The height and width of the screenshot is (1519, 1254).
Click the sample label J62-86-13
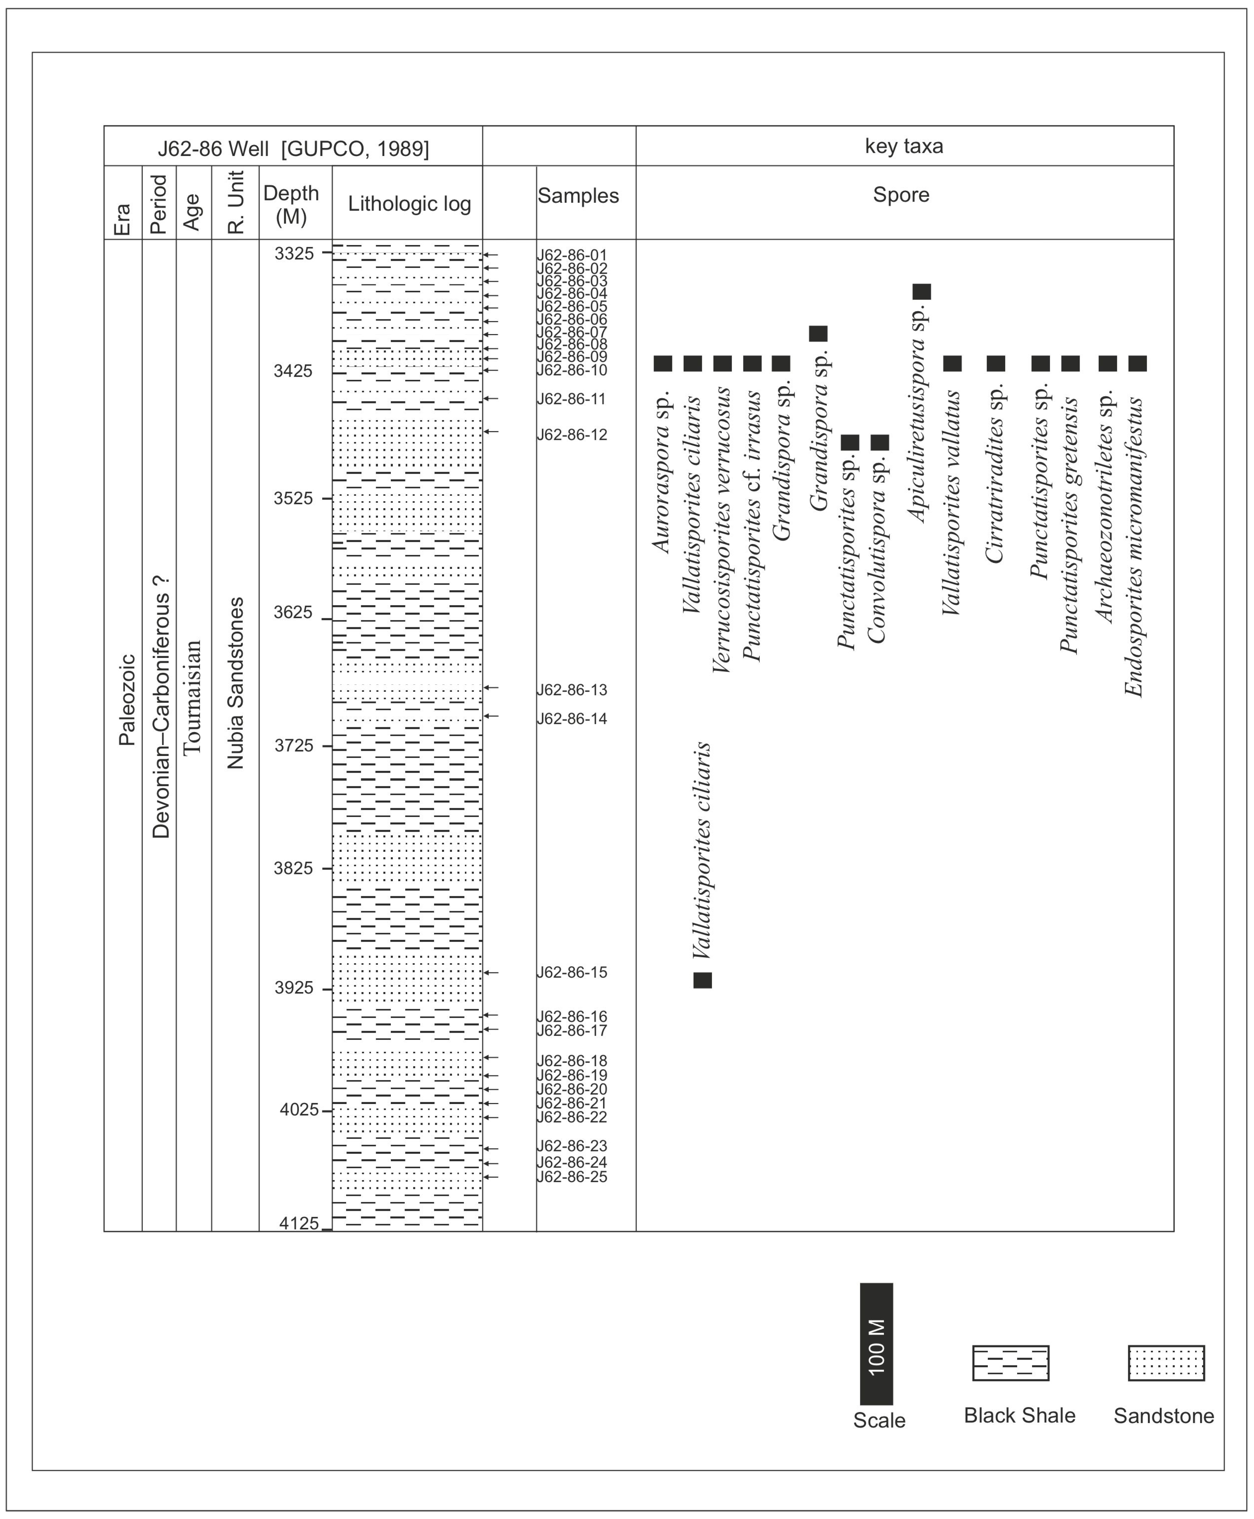[571, 690]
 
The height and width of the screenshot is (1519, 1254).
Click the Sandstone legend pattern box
[1166, 1363]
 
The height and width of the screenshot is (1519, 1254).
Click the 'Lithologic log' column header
[409, 204]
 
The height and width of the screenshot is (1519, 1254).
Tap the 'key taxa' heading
[904, 147]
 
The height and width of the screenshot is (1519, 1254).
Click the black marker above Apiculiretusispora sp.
[922, 292]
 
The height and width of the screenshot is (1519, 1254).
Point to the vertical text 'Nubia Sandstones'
[236, 683]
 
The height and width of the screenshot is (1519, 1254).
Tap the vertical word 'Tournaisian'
[192, 697]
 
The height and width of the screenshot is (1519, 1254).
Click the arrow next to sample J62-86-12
[491, 432]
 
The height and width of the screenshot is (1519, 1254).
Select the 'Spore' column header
[901, 195]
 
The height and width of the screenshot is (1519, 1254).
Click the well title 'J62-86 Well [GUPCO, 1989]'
[293, 149]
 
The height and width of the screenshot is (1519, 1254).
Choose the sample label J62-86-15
[571, 972]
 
